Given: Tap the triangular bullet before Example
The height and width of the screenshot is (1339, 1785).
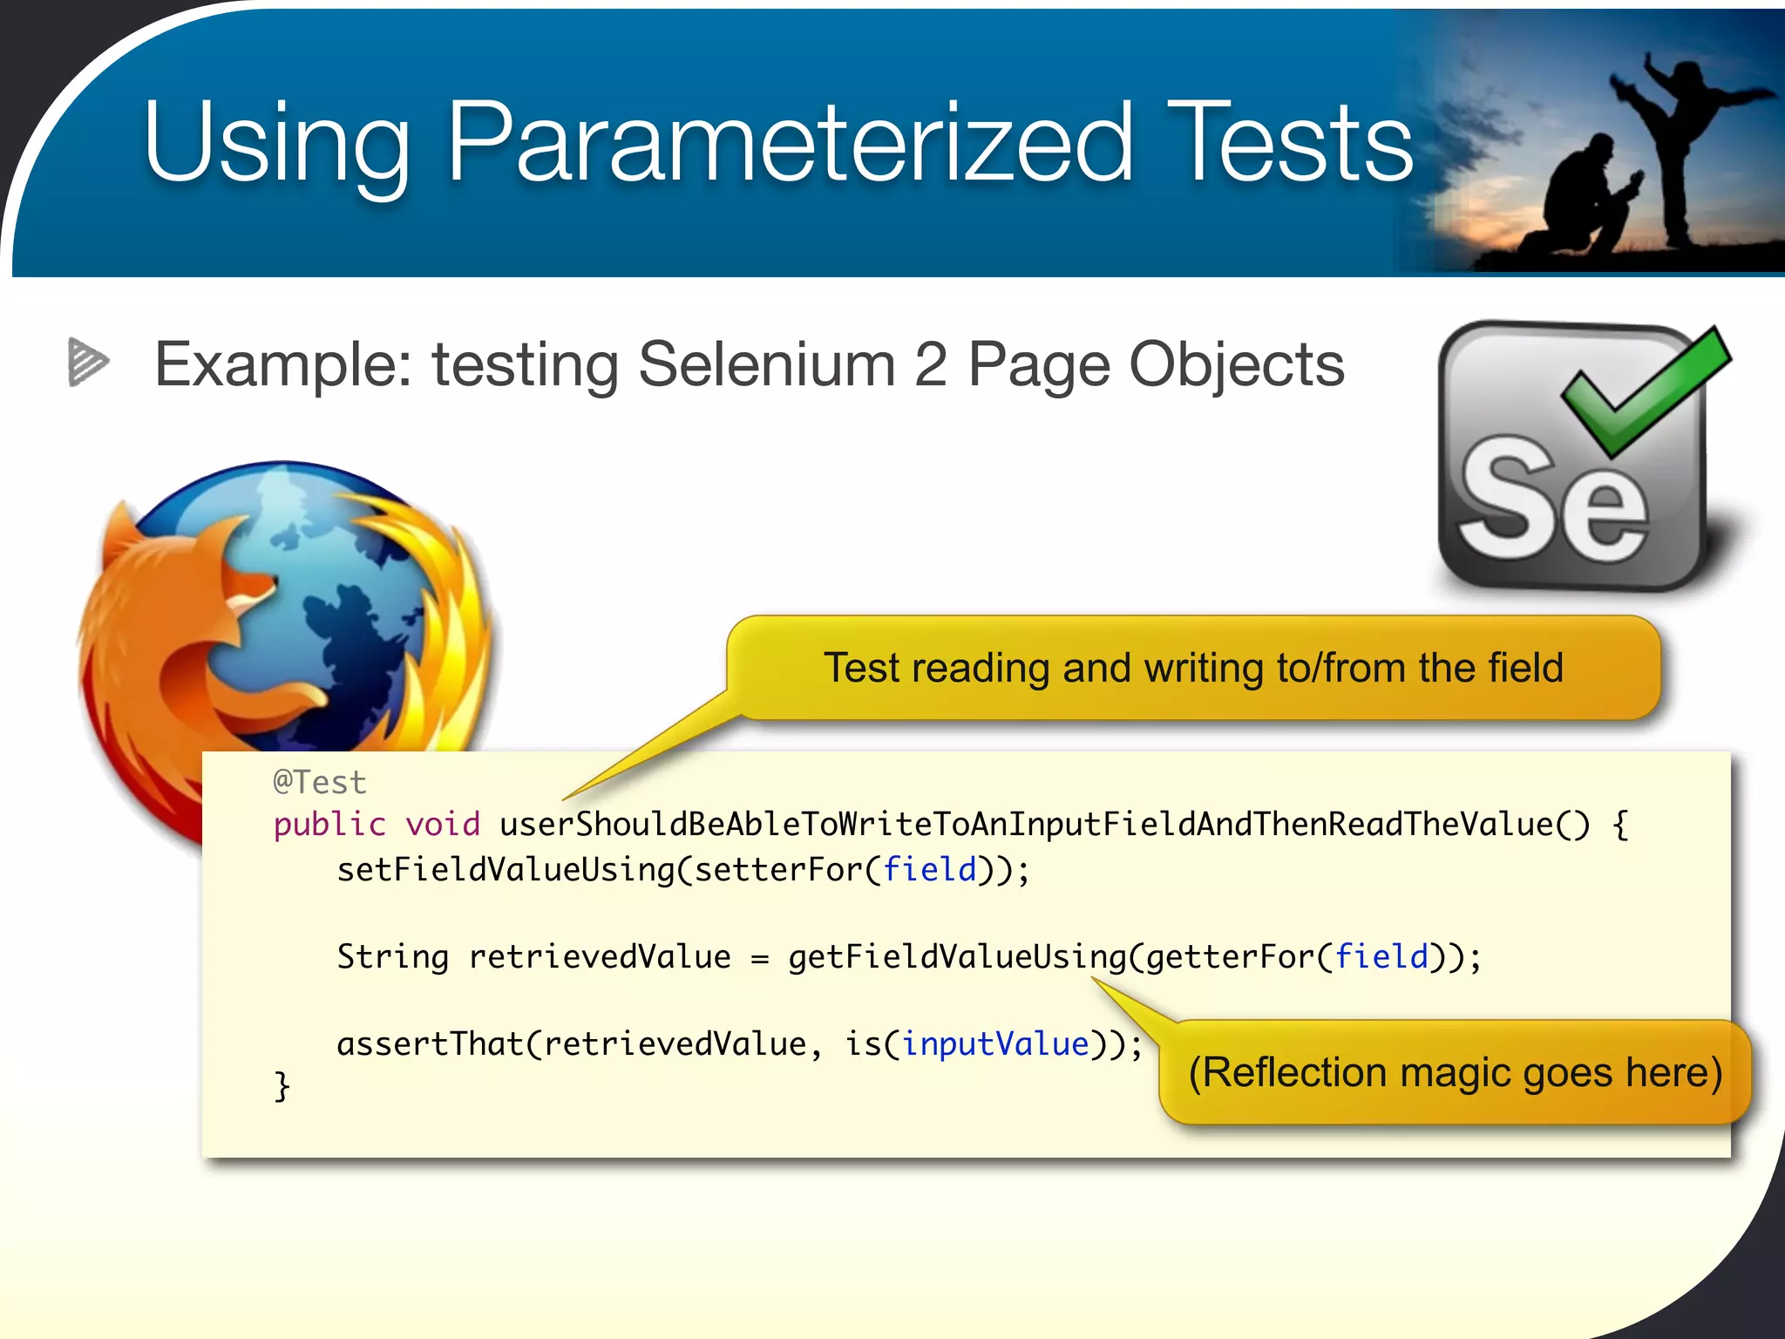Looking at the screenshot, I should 88,362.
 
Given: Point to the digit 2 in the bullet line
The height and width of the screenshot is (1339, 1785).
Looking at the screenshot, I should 931,364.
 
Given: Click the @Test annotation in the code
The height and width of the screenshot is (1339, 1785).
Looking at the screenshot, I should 320,782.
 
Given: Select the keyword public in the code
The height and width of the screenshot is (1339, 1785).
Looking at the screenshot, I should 329,825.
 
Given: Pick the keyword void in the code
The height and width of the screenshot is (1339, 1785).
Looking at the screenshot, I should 443,825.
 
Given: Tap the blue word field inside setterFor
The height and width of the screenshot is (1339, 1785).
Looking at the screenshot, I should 930,870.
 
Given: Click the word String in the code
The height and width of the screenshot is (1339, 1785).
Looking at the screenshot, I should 392,957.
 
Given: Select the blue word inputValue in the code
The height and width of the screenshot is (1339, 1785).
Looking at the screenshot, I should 994,1044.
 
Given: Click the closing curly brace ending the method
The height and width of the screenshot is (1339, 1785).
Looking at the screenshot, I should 282,1086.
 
